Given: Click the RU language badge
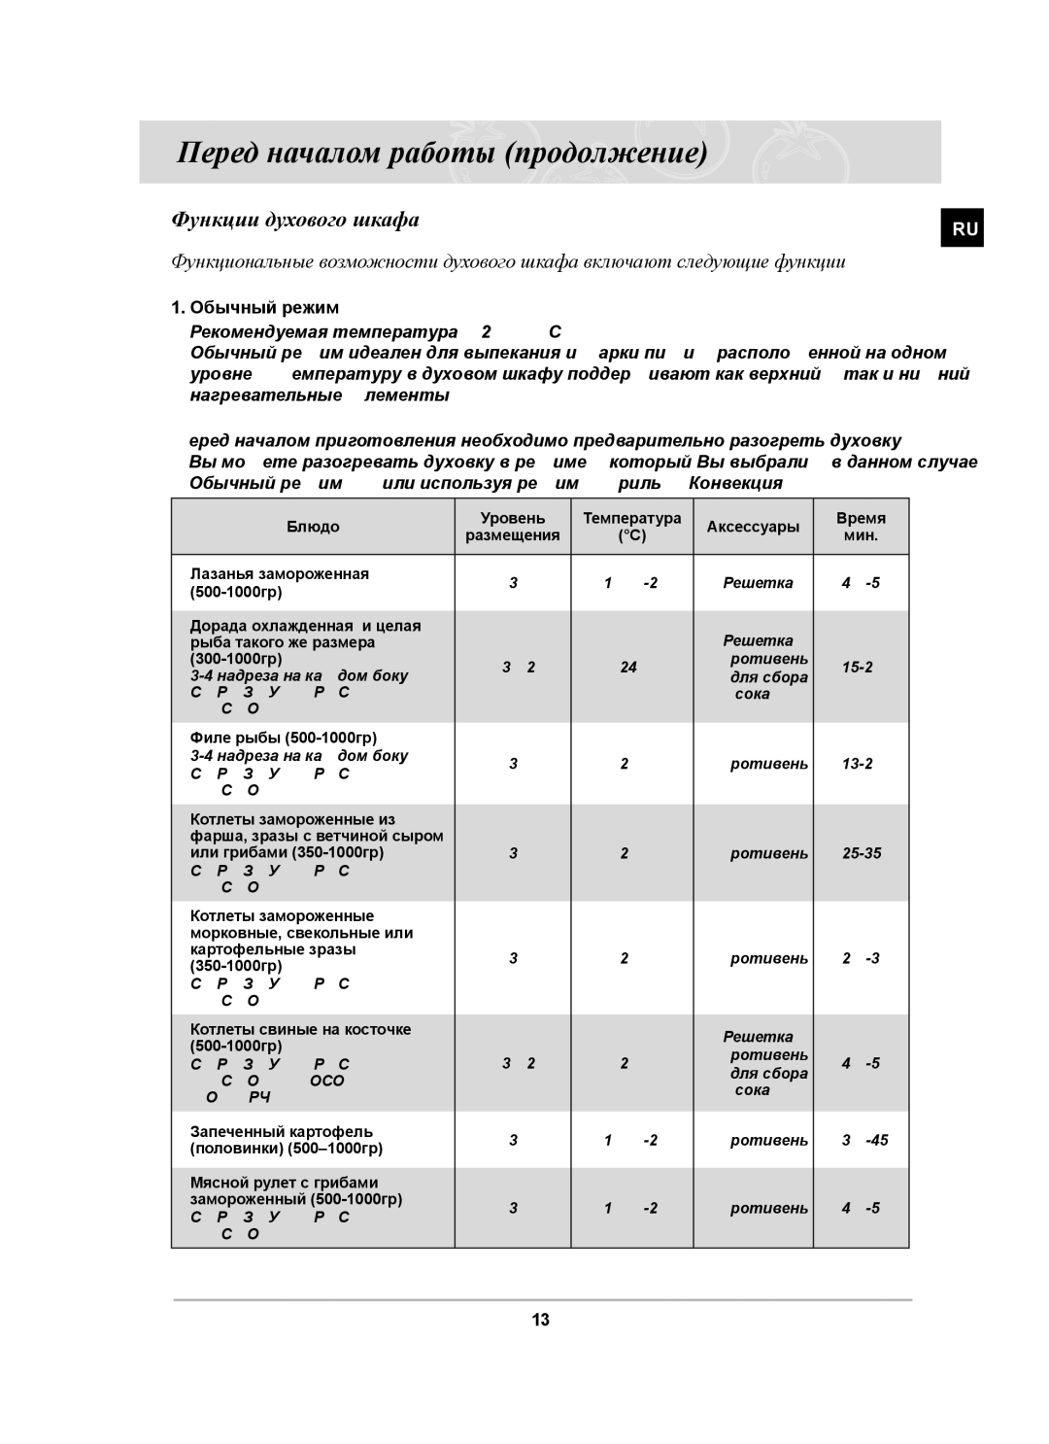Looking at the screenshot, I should click(962, 229).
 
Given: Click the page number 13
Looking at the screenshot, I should click(541, 1320).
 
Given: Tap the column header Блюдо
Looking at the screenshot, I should click(313, 527).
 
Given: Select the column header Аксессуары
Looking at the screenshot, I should click(753, 527).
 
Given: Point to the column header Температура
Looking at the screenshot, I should click(631, 518).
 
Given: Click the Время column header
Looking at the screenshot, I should click(861, 518).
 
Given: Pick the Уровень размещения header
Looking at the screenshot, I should click(513, 527).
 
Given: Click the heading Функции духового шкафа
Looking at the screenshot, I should click(295, 220).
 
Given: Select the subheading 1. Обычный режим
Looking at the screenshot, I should click(254, 308).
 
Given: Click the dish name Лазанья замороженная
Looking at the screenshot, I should click(280, 573).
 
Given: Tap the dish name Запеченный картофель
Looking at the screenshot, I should click(282, 1131).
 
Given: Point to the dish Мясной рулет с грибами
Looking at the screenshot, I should click(284, 1183).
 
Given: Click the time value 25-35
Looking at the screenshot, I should click(862, 853).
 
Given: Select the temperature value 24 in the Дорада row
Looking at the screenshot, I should click(629, 667).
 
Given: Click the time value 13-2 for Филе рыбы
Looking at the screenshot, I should click(857, 764).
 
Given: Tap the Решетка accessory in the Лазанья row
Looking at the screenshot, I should click(758, 583).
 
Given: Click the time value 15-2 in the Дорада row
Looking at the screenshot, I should click(857, 667).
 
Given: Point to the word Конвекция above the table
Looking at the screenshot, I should click(735, 483).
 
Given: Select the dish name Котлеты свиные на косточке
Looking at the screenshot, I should click(301, 1029).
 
